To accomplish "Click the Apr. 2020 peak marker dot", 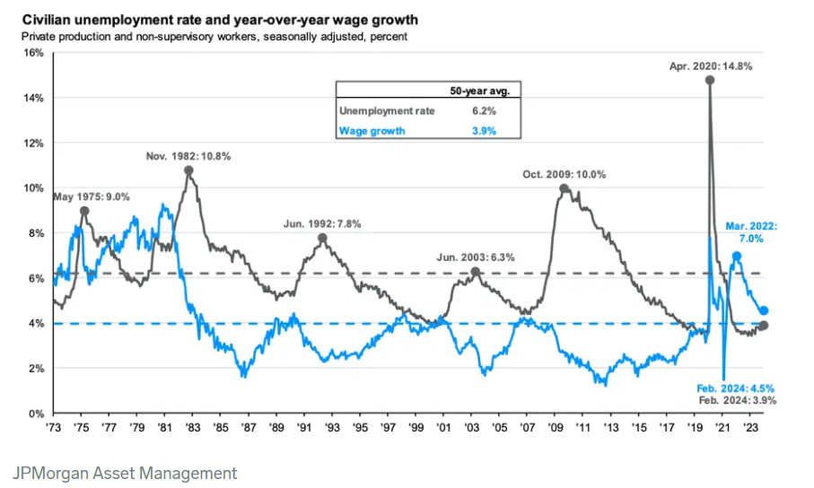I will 710,80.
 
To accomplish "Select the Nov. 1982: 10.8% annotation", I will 188,156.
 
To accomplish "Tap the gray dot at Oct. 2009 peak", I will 565,189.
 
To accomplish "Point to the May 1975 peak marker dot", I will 84,211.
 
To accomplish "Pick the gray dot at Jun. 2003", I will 476,272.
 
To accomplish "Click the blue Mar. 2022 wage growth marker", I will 737,256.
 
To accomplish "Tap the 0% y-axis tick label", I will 36,414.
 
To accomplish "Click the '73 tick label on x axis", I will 54,429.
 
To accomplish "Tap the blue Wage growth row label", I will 372,131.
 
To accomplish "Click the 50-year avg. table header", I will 473,91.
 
